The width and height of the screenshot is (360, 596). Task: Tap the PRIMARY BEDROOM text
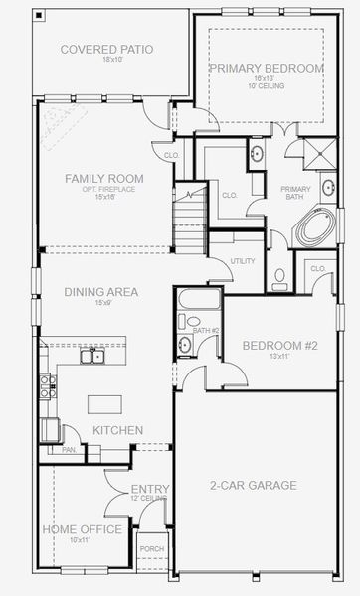point(266,67)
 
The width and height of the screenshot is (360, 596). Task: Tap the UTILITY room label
point(243,260)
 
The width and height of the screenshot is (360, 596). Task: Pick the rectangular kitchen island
point(104,403)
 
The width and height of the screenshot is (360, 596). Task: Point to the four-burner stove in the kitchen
point(47,385)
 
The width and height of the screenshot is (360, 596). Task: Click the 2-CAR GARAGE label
point(253,485)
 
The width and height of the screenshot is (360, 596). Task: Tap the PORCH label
point(152,548)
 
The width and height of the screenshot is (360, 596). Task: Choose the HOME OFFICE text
point(82,529)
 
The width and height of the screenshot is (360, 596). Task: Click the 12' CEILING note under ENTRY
point(150,499)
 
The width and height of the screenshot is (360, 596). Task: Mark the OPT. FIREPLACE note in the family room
point(103,188)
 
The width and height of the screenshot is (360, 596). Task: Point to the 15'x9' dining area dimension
point(100,302)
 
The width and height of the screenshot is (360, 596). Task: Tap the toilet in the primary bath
point(280,276)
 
